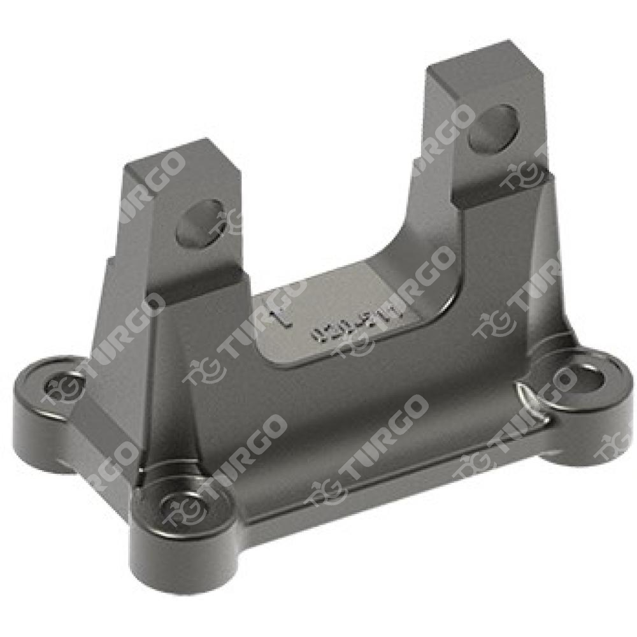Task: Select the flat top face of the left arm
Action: tap(171, 164)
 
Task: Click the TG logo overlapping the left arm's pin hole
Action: tap(226, 220)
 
